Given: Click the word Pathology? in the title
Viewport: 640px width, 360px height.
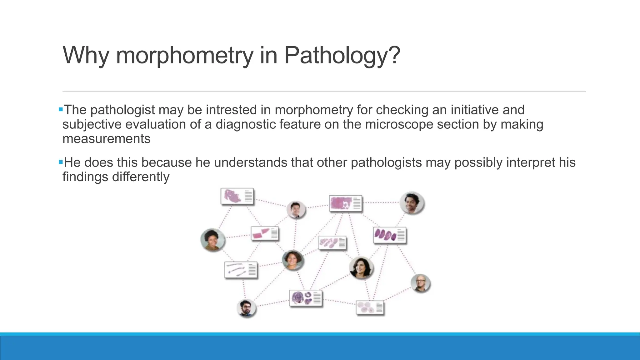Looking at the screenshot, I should [x=342, y=55].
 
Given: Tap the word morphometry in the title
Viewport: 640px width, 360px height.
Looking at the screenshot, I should [x=184, y=55].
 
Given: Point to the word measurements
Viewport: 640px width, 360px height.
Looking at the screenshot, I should [x=106, y=139].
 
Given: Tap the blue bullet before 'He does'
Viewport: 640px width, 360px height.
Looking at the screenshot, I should [x=61, y=162].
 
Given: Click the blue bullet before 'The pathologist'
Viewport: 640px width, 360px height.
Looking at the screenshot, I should [x=61, y=110].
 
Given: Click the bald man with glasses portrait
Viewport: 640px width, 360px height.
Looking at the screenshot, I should [x=420, y=283].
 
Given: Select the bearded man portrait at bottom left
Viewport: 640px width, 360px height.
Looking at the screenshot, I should [x=247, y=308].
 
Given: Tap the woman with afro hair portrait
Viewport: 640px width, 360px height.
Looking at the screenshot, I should [x=212, y=240].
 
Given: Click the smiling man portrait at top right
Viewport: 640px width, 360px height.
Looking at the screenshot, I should [x=412, y=203].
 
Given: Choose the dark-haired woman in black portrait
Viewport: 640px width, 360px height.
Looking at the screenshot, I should [x=361, y=268].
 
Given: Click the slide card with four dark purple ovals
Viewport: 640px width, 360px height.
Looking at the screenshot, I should [x=389, y=235].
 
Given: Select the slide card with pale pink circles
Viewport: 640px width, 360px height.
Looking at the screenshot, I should [x=370, y=308].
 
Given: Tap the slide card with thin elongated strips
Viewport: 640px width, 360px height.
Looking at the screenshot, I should [x=241, y=270].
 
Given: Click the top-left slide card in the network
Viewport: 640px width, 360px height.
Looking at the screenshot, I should [x=237, y=196].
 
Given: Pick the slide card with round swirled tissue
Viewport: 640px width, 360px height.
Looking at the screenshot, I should [x=306, y=298].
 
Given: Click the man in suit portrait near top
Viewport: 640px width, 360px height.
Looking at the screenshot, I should [x=296, y=210].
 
